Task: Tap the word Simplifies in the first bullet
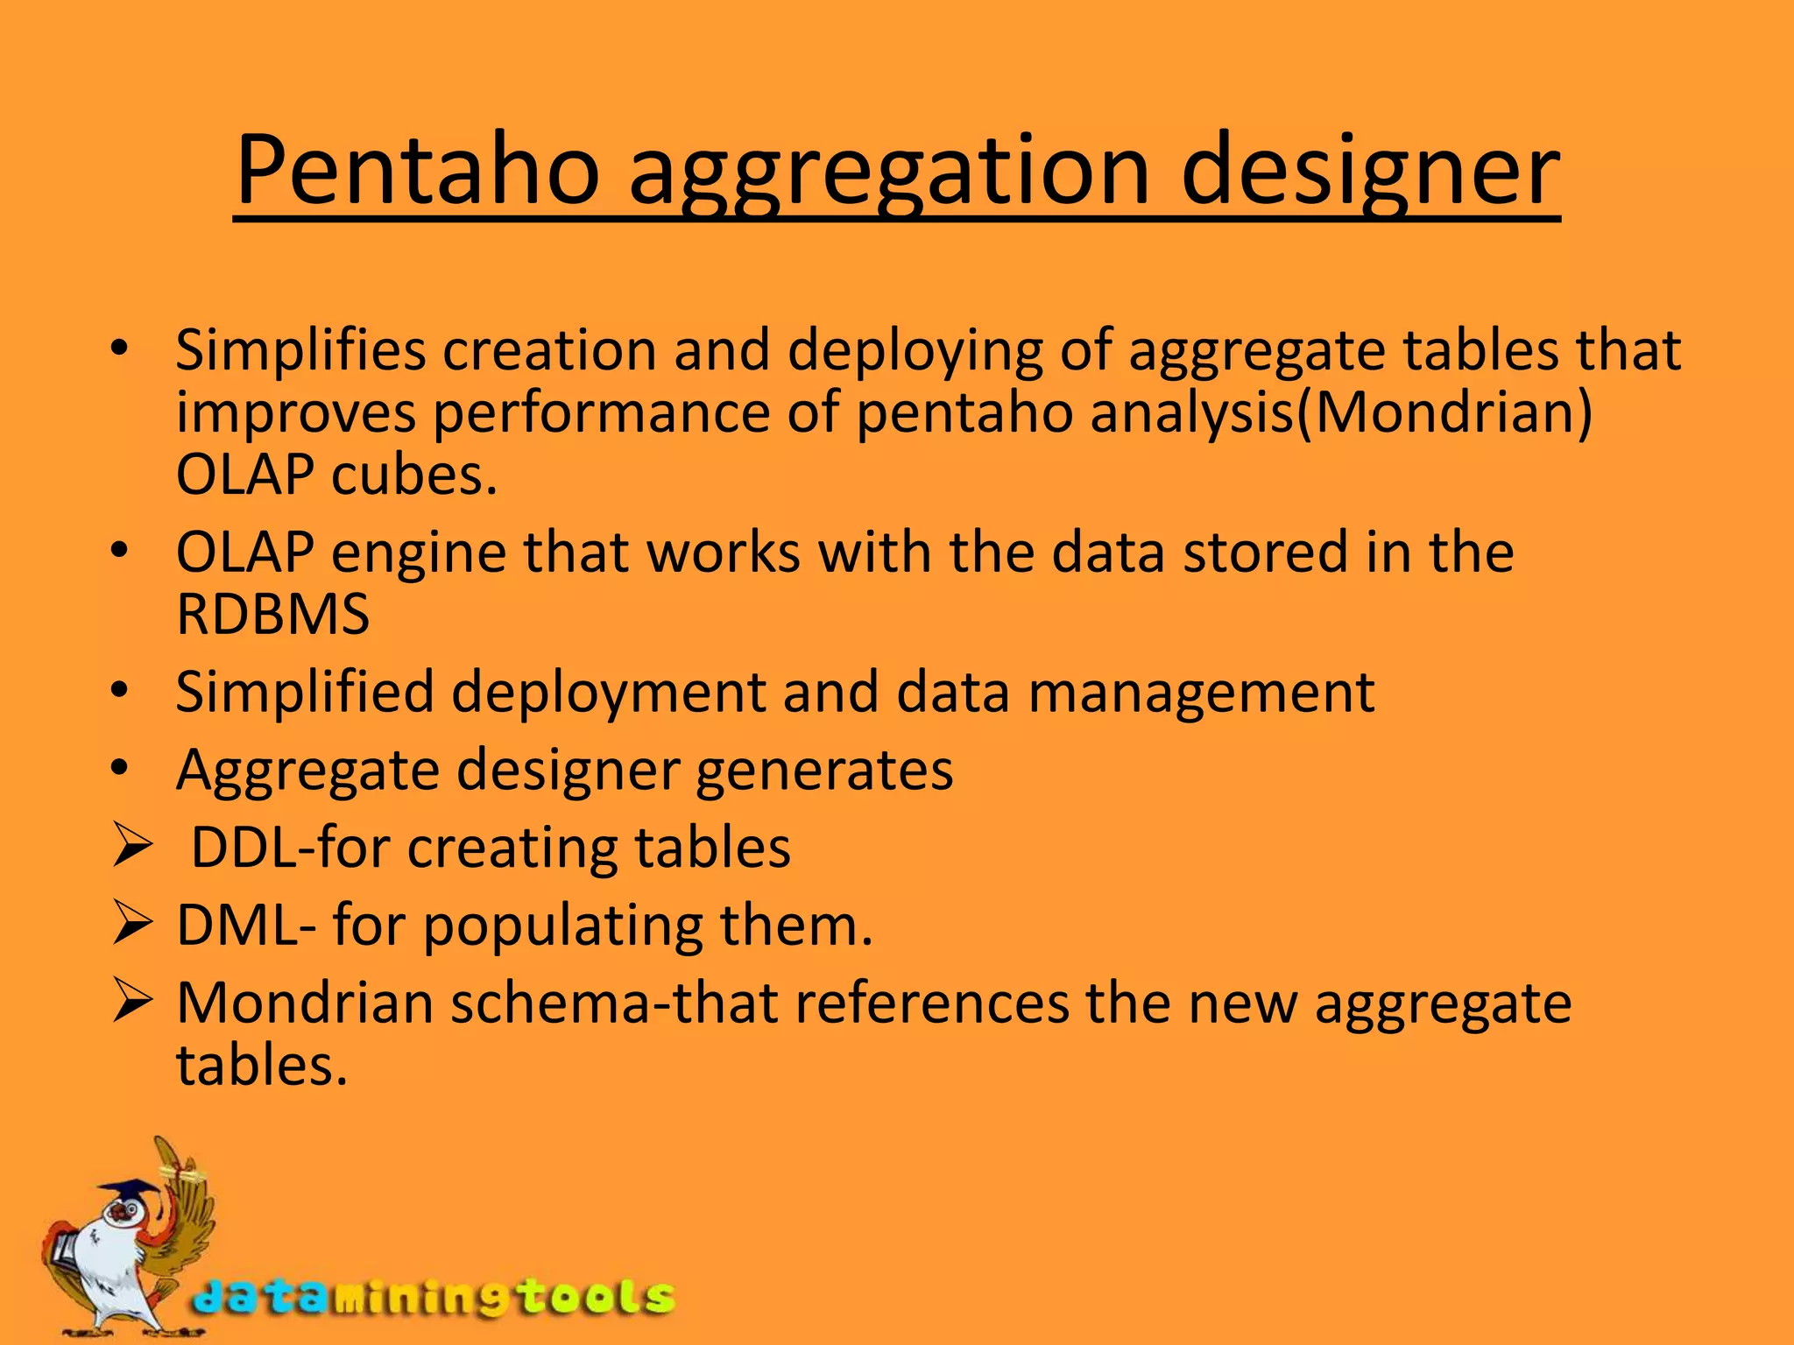click(300, 350)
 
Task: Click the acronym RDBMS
click(272, 614)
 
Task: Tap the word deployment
click(609, 692)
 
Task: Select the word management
click(1201, 692)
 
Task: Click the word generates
click(824, 770)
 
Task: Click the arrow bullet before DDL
click(132, 848)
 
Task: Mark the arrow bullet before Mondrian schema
click(132, 1003)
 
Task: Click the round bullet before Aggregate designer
click(120, 770)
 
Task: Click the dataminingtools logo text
click(434, 1297)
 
